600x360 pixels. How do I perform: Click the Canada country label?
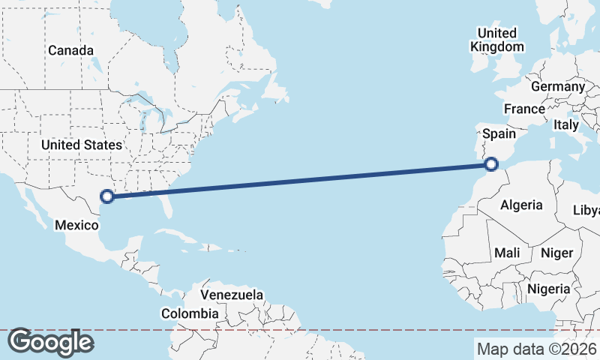coord(71,50)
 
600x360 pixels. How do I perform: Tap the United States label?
coord(82,145)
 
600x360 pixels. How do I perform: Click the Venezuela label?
coord(232,295)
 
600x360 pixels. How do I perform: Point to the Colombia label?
coord(193,313)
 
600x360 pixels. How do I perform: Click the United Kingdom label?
coord(496,40)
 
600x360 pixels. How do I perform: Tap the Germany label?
coord(557,86)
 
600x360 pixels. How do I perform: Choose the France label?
coord(524,109)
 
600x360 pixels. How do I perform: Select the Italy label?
coord(566,125)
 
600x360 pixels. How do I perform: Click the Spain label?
coord(499,133)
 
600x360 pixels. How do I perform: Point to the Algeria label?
coord(521,205)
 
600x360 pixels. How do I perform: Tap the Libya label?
coord(586,210)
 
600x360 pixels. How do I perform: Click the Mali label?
coord(507,253)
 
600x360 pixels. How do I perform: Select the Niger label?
coord(556,253)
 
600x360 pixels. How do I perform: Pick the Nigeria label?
coord(549,289)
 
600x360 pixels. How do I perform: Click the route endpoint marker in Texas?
coord(107,196)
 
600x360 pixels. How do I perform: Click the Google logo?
coord(50,342)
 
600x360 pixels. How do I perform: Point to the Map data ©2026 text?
coord(537,349)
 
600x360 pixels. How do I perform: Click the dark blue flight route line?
coord(300,180)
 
